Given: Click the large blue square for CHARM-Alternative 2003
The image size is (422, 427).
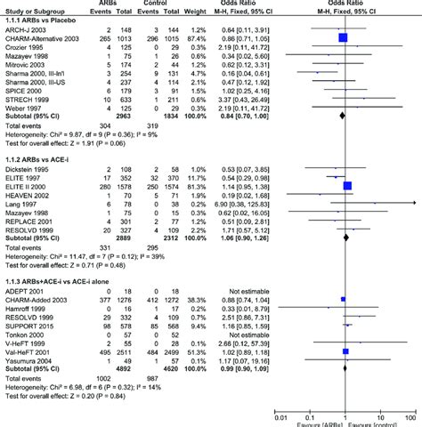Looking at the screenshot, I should click(x=343, y=39).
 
